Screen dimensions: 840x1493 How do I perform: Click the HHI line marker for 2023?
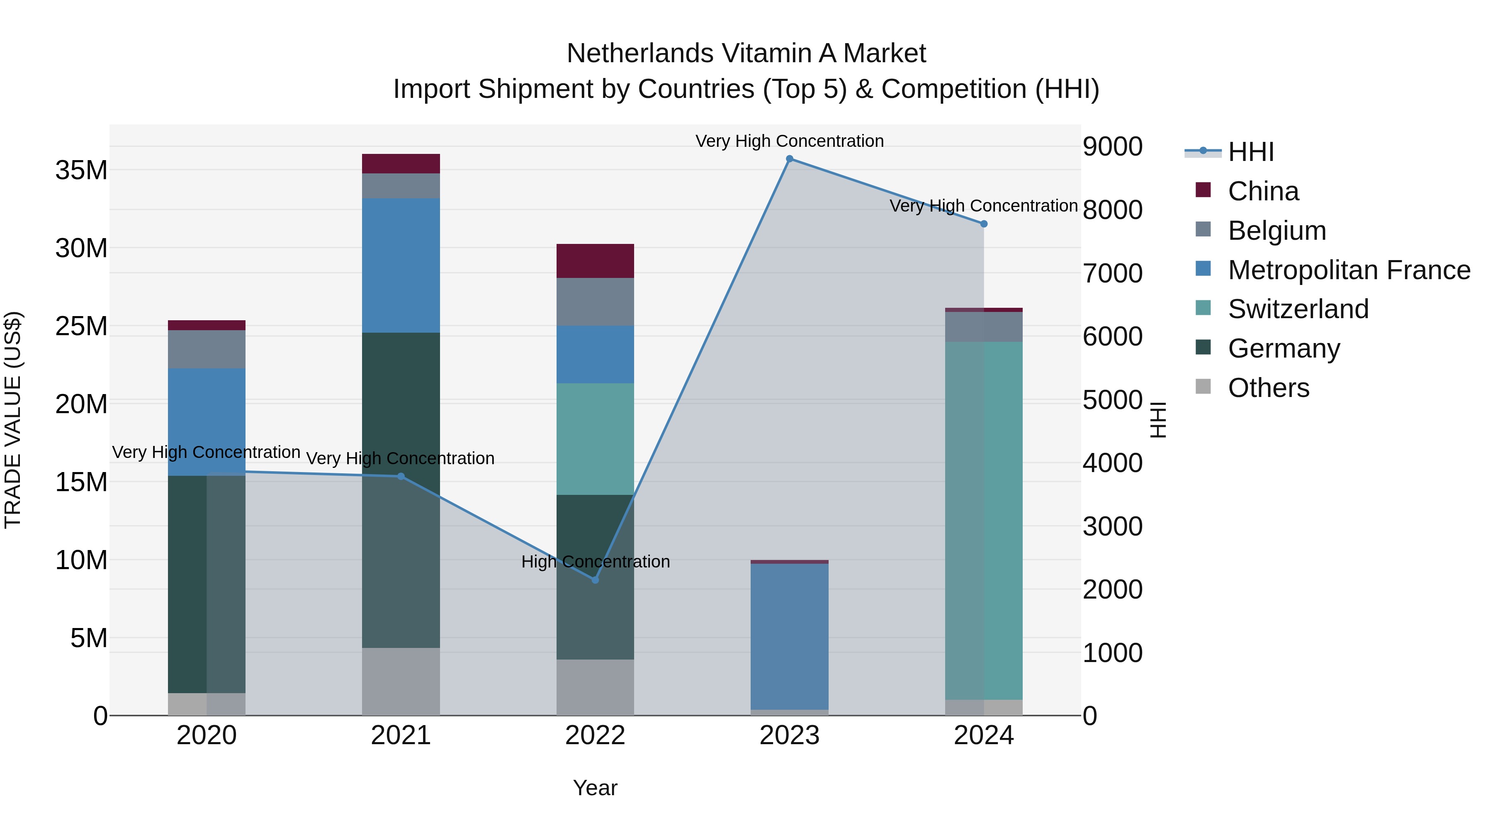pyautogui.click(x=789, y=159)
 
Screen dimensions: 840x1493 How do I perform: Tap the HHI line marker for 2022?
pyautogui.click(x=595, y=580)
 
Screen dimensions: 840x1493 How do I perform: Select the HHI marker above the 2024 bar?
pyautogui.click(x=984, y=224)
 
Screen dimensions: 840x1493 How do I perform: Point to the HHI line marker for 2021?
pyautogui.click(x=401, y=477)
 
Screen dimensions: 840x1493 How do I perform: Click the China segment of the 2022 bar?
pyautogui.click(x=595, y=261)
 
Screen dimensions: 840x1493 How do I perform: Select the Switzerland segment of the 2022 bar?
pyautogui.click(x=595, y=439)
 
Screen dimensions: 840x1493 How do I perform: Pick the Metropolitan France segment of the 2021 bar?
pyautogui.click(x=401, y=265)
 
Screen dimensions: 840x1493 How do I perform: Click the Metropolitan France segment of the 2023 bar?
pyautogui.click(x=789, y=636)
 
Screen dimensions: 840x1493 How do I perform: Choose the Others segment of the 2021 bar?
pyautogui.click(x=401, y=681)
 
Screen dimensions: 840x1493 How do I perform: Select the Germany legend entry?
pyautogui.click(x=1283, y=348)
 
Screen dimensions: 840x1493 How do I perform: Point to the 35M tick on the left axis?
pyautogui.click(x=81, y=170)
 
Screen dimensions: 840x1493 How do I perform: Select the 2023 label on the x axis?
pyautogui.click(x=789, y=735)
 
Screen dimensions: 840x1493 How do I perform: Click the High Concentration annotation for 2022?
pyautogui.click(x=595, y=562)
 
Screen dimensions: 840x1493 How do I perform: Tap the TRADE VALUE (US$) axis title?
pyautogui.click(x=13, y=420)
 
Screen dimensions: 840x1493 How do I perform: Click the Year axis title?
pyautogui.click(x=595, y=788)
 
